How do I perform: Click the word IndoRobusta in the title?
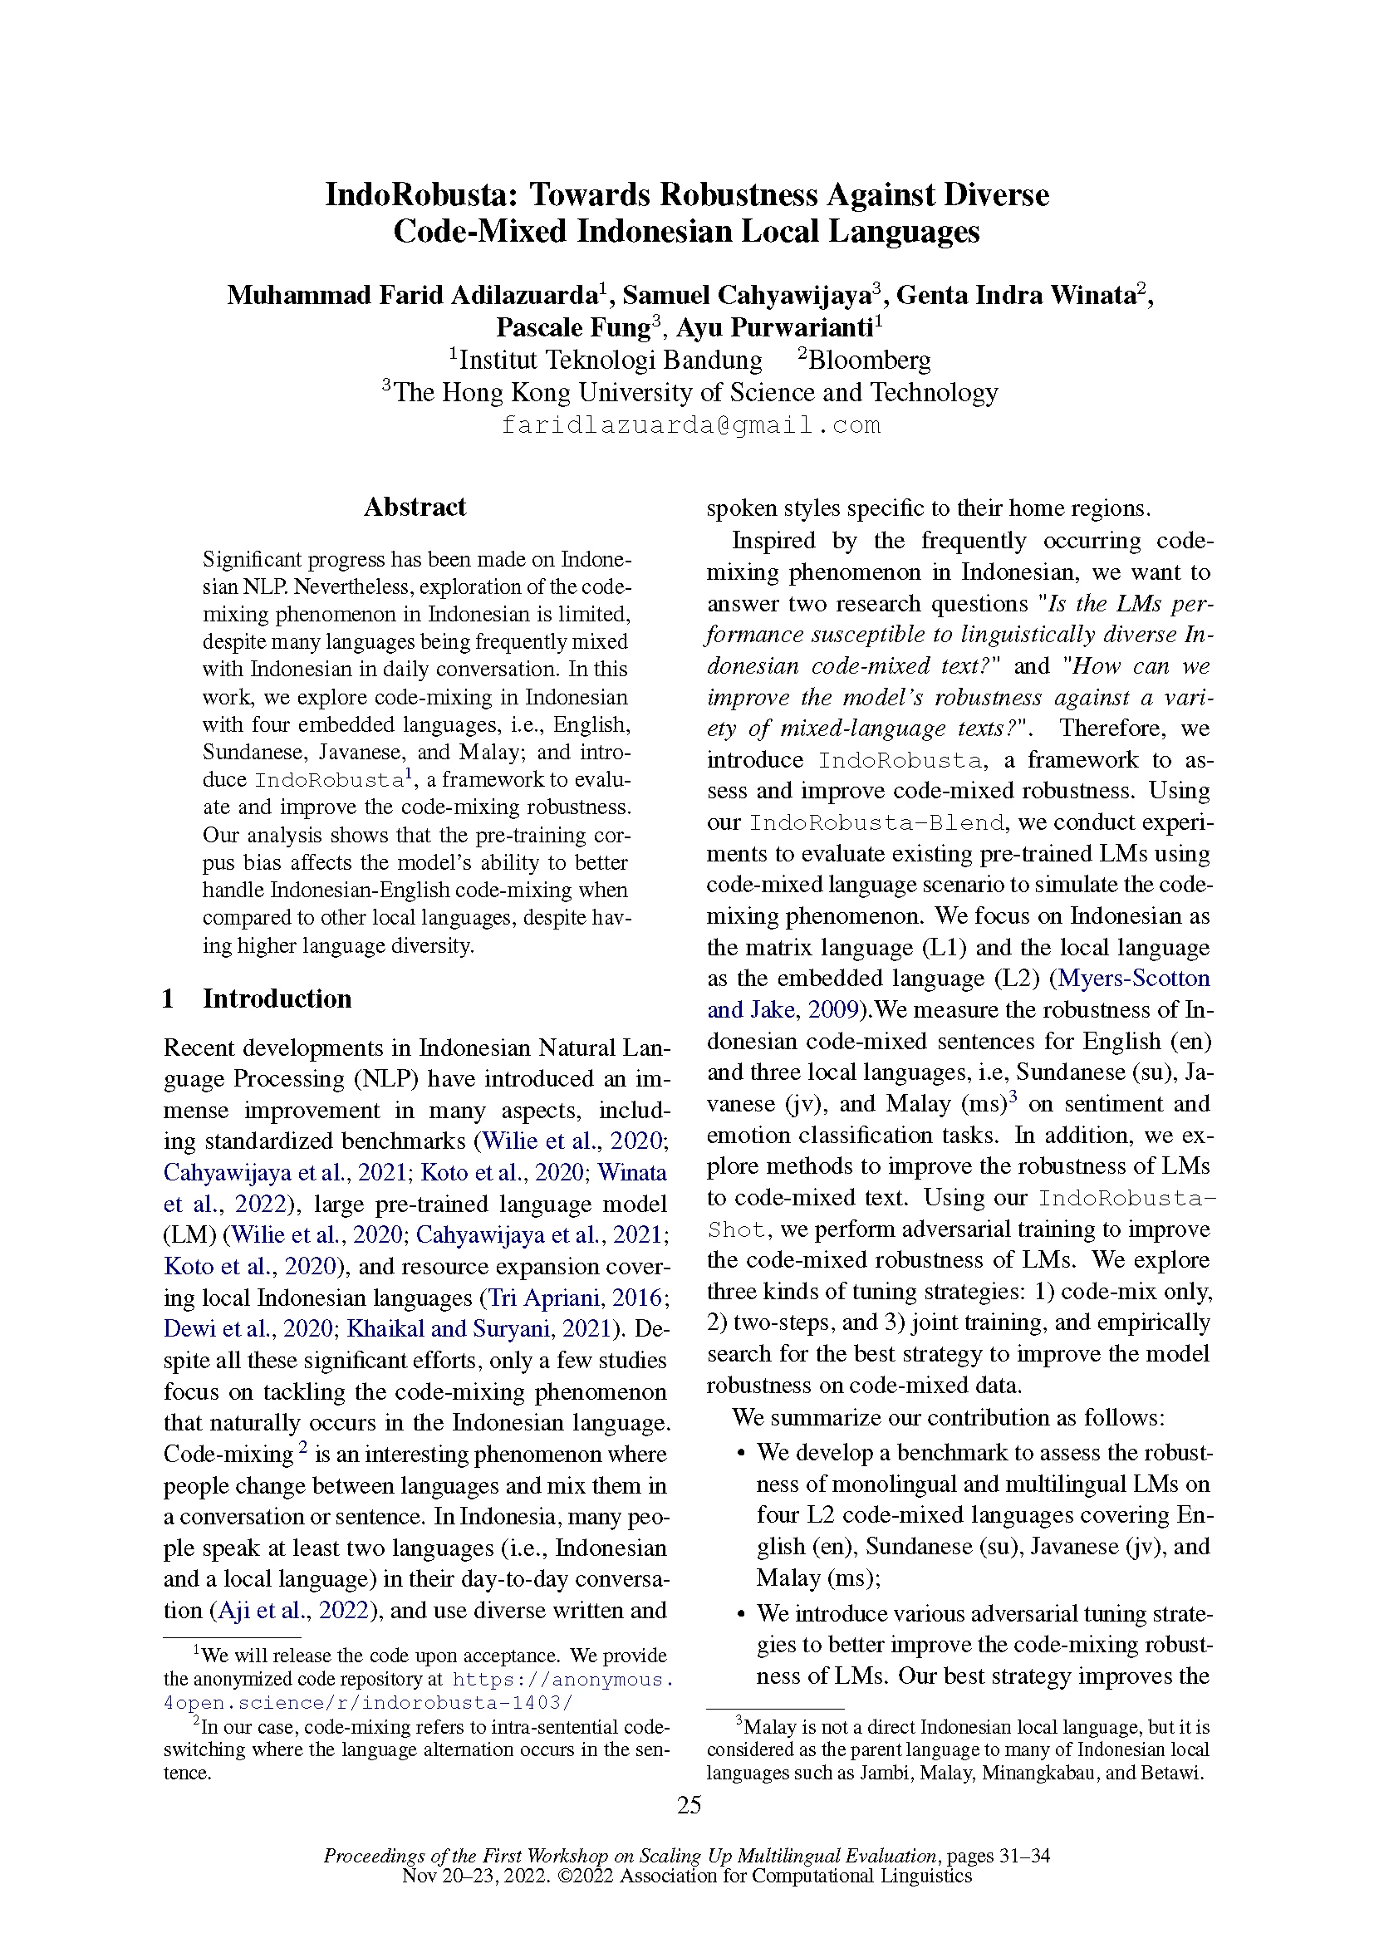419,195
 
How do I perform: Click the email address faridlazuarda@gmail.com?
690,424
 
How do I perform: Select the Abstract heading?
415,507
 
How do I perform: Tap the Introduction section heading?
277,998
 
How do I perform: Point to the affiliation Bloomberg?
869,361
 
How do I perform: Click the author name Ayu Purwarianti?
774,327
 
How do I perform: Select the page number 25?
689,1805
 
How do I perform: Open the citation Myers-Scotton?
1134,979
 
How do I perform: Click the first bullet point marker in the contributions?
741,1454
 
